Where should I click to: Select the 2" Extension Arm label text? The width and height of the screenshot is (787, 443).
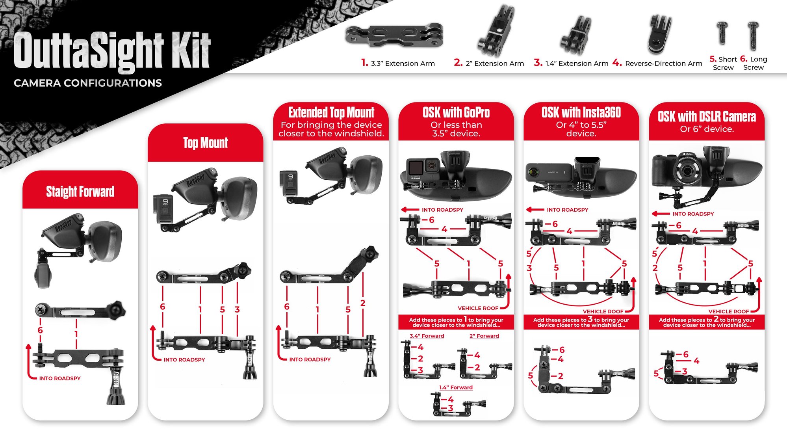(x=495, y=63)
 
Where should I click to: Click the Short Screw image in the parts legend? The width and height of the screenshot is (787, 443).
(x=722, y=33)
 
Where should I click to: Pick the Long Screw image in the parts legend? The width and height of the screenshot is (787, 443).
(x=753, y=35)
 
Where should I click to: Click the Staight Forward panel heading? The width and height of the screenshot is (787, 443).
(x=80, y=192)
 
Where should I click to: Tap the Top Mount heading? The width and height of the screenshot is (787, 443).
(x=206, y=143)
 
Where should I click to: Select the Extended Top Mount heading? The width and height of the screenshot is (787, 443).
(x=331, y=112)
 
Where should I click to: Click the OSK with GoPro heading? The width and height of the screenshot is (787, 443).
(x=456, y=112)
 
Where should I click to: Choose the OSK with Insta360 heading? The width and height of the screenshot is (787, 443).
(x=581, y=112)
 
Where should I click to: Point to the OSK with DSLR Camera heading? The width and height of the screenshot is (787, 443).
(x=707, y=116)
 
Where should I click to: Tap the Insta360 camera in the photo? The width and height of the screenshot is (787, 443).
(x=549, y=172)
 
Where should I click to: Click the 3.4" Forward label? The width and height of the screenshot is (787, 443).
(x=427, y=336)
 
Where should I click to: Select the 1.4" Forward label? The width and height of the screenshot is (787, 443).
(x=456, y=388)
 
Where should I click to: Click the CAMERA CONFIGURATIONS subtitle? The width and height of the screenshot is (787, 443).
(x=88, y=83)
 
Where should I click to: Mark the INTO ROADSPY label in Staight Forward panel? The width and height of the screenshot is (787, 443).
(x=60, y=378)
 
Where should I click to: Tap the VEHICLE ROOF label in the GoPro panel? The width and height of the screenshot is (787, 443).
(x=478, y=308)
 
